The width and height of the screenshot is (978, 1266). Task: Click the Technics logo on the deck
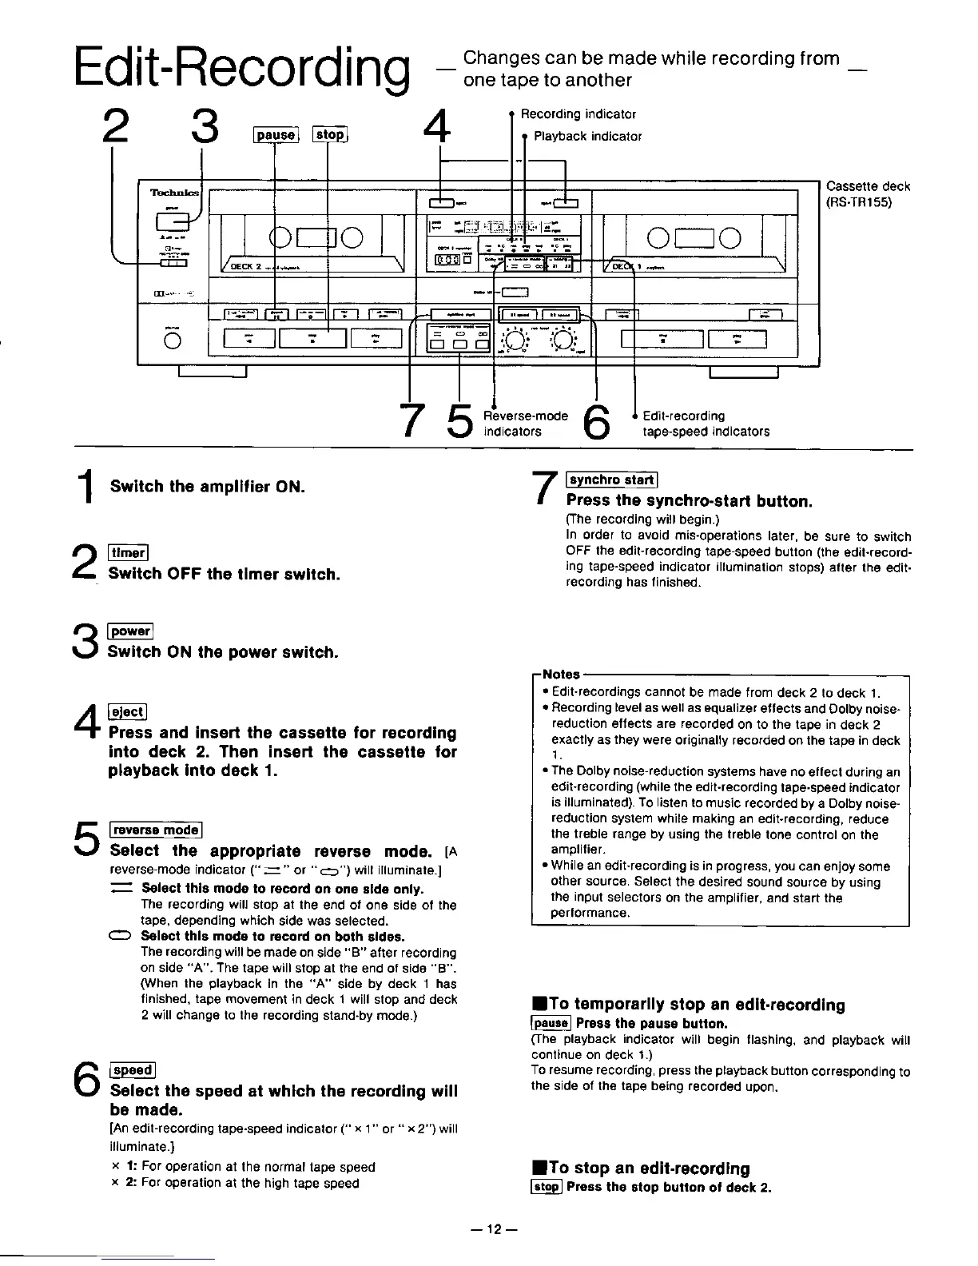172,193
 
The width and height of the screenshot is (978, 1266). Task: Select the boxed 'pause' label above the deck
275,134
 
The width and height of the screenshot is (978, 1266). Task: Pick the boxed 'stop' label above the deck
329,134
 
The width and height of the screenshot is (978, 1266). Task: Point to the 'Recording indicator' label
578,114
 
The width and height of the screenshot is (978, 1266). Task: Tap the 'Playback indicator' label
587,136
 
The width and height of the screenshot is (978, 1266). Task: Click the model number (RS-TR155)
859,201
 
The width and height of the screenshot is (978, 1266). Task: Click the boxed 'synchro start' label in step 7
611,480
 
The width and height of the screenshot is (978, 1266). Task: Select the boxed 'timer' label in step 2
125,552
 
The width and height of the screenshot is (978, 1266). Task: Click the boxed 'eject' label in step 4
126,711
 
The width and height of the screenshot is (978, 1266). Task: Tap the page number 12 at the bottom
489,1229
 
